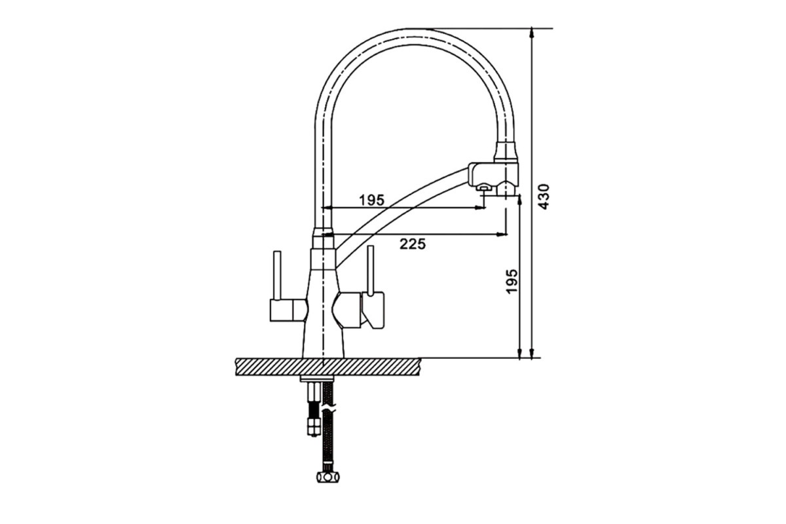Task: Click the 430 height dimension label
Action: pyautogui.click(x=543, y=196)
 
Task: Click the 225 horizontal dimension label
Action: pyautogui.click(x=413, y=244)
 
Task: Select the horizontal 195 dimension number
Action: pyautogui.click(x=372, y=200)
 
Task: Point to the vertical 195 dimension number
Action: pyautogui.click(x=512, y=281)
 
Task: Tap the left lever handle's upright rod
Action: pyautogui.click(x=277, y=275)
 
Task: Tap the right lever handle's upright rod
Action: pyautogui.click(x=371, y=270)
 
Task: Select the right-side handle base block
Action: pyautogui.click(x=373, y=310)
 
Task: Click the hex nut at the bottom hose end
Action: pyautogui.click(x=328, y=477)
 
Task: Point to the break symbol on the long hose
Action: pyautogui.click(x=329, y=409)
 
